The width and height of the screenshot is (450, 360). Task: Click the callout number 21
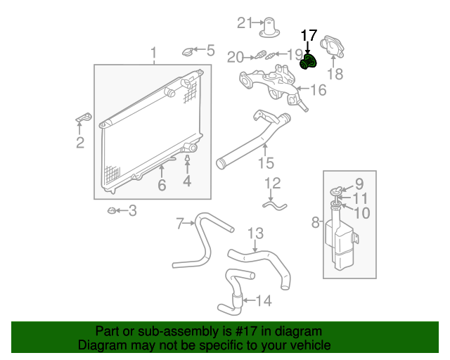244,23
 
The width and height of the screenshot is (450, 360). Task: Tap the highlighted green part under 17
307,62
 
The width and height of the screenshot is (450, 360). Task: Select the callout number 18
335,75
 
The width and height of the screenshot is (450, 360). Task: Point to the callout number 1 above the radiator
154,53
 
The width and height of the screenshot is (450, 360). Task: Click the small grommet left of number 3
110,210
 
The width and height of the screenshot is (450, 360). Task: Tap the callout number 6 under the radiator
161,186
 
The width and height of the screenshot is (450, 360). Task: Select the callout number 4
187,181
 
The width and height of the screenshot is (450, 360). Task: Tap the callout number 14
262,301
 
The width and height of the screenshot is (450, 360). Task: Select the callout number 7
180,224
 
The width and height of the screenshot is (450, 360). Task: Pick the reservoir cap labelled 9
337,188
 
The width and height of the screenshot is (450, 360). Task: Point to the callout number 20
235,57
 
